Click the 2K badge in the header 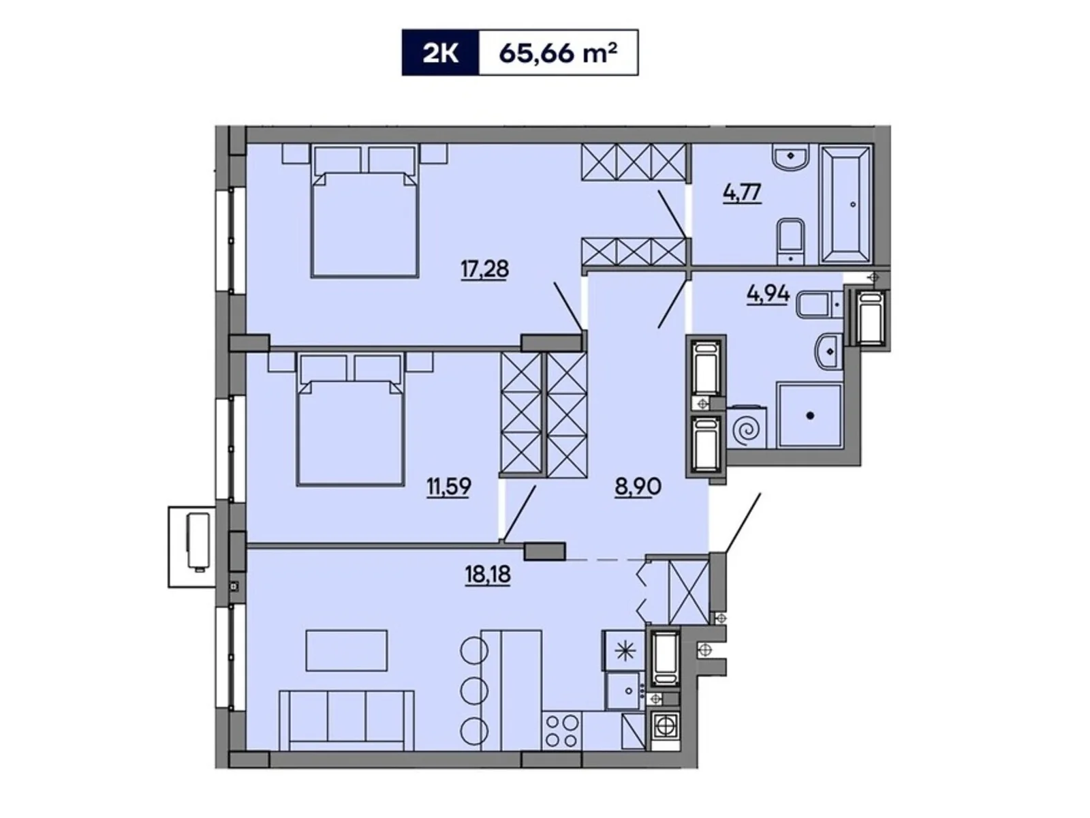pyautogui.click(x=441, y=52)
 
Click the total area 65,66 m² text pyautogui.click(x=558, y=52)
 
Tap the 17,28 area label pyautogui.click(x=484, y=269)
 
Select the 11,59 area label pyautogui.click(x=448, y=487)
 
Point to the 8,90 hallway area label pyautogui.click(x=638, y=487)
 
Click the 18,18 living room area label pyautogui.click(x=488, y=575)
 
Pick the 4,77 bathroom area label pyautogui.click(x=742, y=193)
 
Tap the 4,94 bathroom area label pyautogui.click(x=768, y=294)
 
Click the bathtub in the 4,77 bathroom pyautogui.click(x=846, y=203)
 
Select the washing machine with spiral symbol pyautogui.click(x=747, y=429)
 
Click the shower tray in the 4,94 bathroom pyautogui.click(x=810, y=415)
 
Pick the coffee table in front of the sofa pyautogui.click(x=347, y=650)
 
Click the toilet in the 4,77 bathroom pyautogui.click(x=790, y=240)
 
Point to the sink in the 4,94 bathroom pyautogui.click(x=829, y=352)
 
